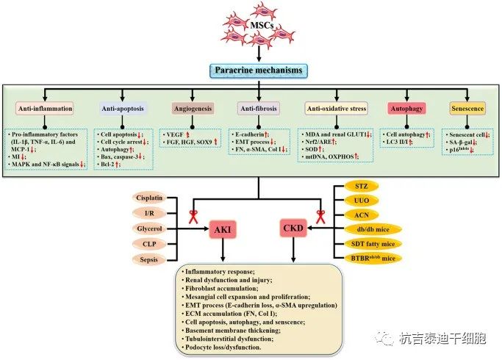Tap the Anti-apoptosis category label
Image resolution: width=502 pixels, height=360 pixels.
[122, 109]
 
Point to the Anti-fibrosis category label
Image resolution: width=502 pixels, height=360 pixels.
[258, 109]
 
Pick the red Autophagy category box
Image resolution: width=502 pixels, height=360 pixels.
[407, 109]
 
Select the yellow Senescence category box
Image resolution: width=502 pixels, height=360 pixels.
[468, 109]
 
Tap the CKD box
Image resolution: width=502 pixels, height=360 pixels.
[294, 228]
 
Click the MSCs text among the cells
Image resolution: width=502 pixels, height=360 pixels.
[262, 26]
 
